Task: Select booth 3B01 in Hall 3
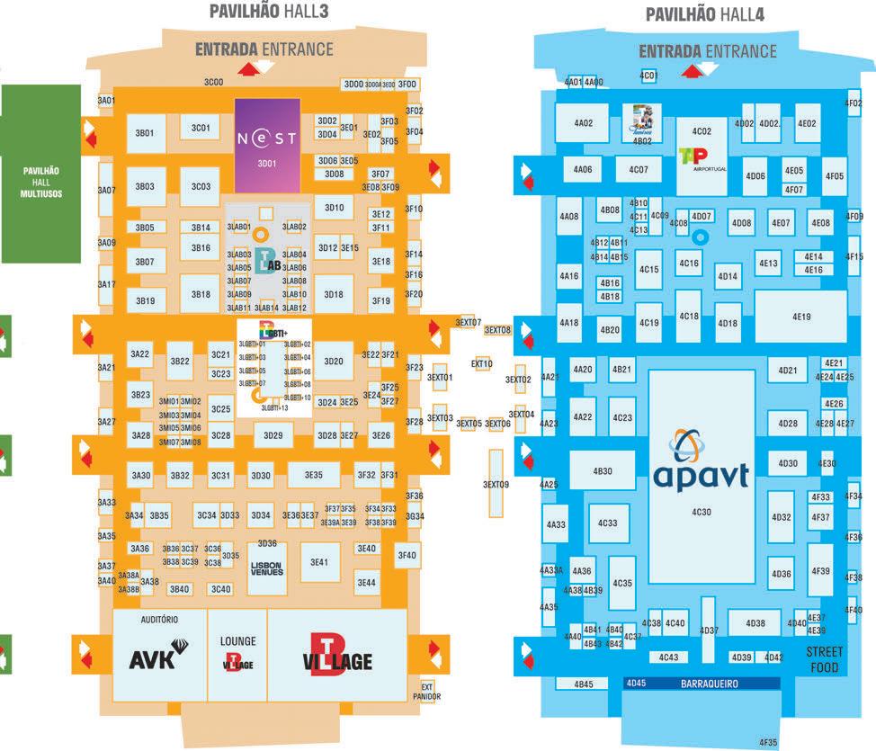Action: coord(145,133)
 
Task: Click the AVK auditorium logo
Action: coord(156,660)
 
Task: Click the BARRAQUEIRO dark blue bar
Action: coord(702,684)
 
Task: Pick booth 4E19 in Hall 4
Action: coord(800,317)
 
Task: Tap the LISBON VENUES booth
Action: coord(266,568)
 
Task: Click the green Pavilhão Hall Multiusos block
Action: coord(40,173)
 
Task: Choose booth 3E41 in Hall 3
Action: coord(319,563)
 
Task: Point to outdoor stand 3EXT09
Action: coord(496,485)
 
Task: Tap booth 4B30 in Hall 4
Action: coord(602,471)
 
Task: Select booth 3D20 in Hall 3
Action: coord(334,362)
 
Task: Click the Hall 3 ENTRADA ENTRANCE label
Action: coord(264,49)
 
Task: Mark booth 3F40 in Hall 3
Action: coord(407,556)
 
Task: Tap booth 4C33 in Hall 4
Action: coord(607,523)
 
